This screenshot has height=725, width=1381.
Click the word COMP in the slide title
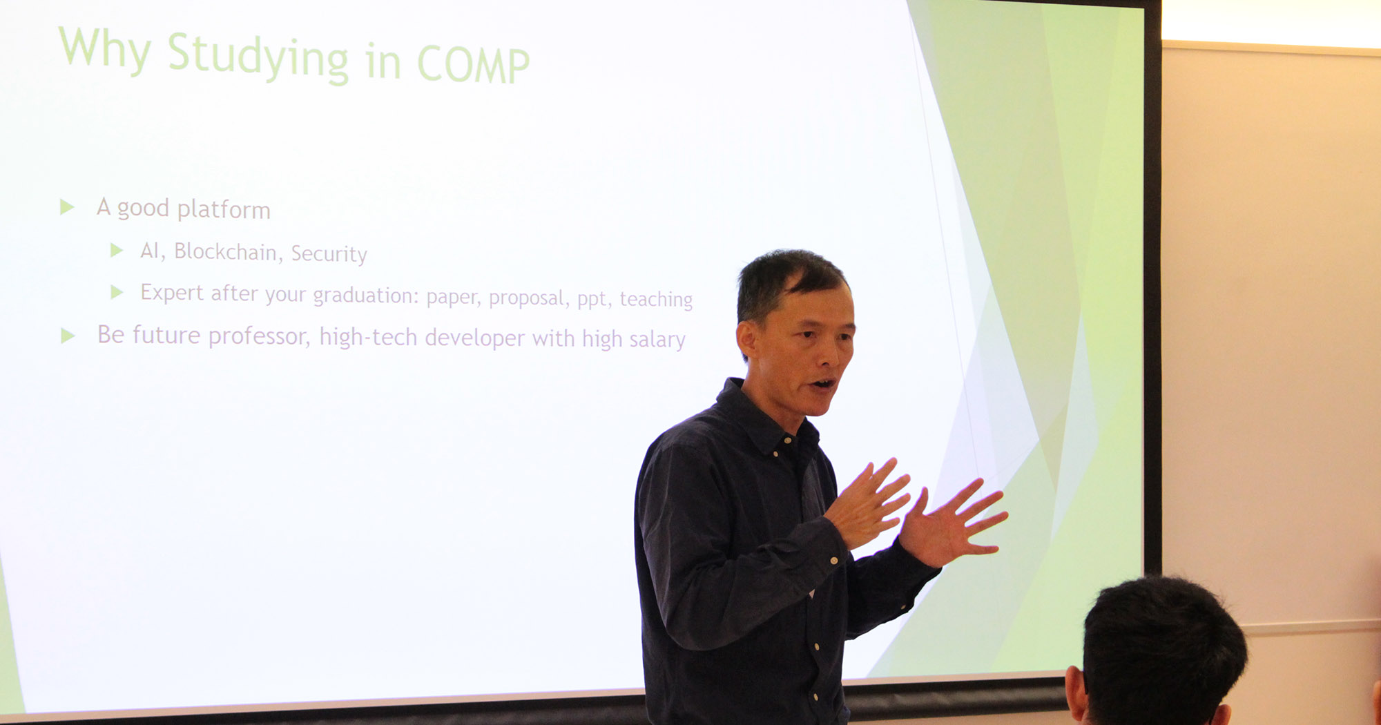473,64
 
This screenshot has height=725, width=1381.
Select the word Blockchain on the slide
225,251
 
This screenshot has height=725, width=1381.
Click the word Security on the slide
329,254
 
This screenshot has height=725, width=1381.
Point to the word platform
224,209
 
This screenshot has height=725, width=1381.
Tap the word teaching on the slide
656,299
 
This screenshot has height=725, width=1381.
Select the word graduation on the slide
365,296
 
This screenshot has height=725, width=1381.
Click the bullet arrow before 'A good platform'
67,206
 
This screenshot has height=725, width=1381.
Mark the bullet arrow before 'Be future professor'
68,336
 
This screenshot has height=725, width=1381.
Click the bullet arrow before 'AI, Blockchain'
117,250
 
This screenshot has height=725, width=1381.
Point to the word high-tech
368,337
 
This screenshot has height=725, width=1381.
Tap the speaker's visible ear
746,340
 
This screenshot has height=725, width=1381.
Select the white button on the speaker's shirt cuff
834,561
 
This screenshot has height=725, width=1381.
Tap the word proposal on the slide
527,298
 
